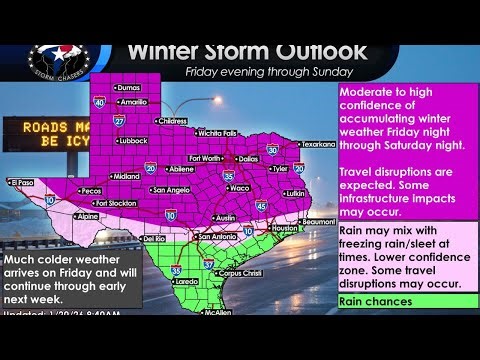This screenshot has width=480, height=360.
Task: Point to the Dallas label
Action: (x=248, y=158)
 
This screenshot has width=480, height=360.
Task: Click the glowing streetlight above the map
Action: (x=219, y=100)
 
